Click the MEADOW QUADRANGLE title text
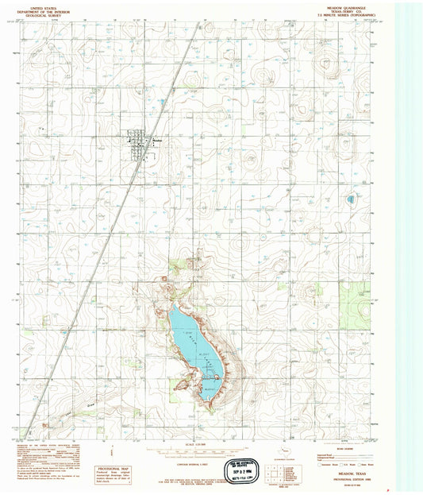click(x=340, y=6)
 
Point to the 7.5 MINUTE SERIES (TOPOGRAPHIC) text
click(x=340, y=15)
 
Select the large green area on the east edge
click(x=354, y=295)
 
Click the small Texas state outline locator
click(x=277, y=456)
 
